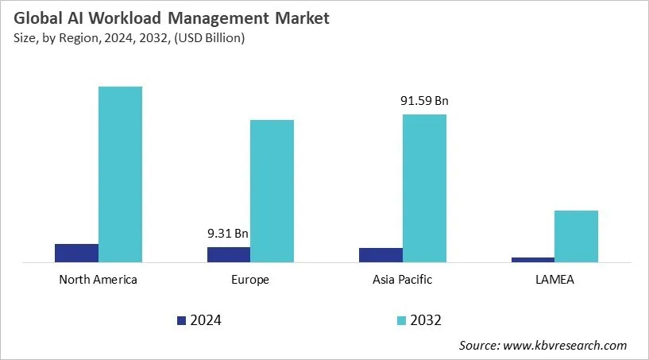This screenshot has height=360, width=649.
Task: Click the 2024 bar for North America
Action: [x=76, y=253]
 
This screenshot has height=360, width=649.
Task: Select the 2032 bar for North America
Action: [x=120, y=174]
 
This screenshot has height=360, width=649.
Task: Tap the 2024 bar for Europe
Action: [x=229, y=254]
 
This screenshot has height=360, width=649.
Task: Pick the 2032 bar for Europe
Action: [x=272, y=191]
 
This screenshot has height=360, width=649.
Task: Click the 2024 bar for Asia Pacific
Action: [x=381, y=254]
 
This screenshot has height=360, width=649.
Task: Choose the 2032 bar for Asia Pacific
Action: [x=424, y=188]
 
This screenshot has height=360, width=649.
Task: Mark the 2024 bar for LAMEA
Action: [x=533, y=259]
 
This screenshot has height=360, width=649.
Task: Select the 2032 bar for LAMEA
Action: [x=576, y=236]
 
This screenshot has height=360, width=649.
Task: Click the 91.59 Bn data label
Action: [x=424, y=101]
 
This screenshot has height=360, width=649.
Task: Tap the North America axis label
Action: [x=99, y=280]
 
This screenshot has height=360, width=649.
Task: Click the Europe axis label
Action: [x=250, y=280]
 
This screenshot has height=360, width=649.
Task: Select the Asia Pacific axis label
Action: [x=403, y=280]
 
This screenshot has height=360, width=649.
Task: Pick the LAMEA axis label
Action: [x=554, y=280]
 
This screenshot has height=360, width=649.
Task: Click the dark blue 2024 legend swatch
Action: [x=181, y=320]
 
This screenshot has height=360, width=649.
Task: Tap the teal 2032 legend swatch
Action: [x=402, y=320]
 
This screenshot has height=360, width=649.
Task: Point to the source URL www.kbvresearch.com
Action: [x=566, y=345]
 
